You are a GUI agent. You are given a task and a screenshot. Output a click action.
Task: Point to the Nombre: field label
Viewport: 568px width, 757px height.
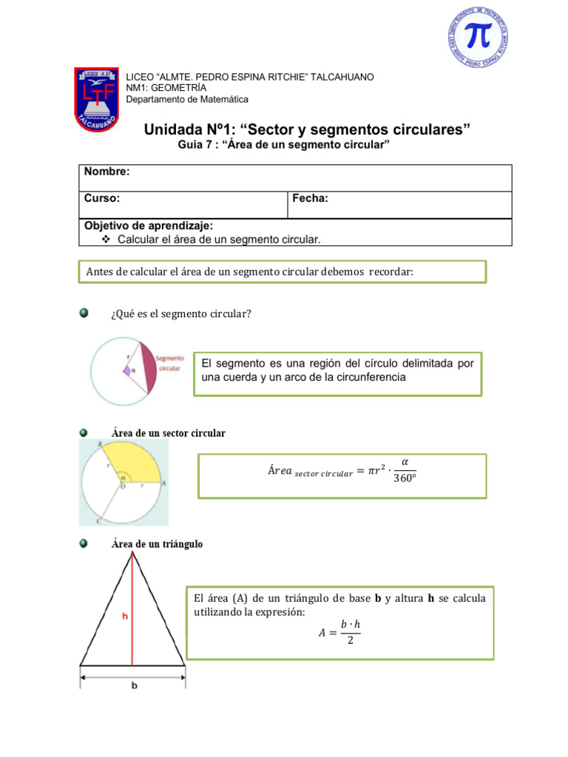(x=106, y=172)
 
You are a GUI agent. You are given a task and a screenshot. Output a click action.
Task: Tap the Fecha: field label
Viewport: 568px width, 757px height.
(x=311, y=198)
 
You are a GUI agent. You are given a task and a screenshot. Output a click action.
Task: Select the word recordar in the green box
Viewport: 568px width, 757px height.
(x=390, y=271)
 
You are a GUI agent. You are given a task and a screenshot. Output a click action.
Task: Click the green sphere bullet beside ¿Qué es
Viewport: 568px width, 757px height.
(x=84, y=313)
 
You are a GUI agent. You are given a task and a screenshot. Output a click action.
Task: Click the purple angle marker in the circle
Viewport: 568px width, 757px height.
(x=126, y=370)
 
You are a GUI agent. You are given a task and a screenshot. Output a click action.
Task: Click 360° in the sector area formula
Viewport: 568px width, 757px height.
(x=404, y=478)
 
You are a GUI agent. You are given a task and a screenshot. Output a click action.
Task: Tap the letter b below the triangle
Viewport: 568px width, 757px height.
(x=134, y=686)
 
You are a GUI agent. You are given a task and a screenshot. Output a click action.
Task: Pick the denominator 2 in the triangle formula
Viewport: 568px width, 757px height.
(x=351, y=641)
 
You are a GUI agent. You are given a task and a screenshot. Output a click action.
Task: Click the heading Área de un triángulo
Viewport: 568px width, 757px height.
(x=157, y=544)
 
